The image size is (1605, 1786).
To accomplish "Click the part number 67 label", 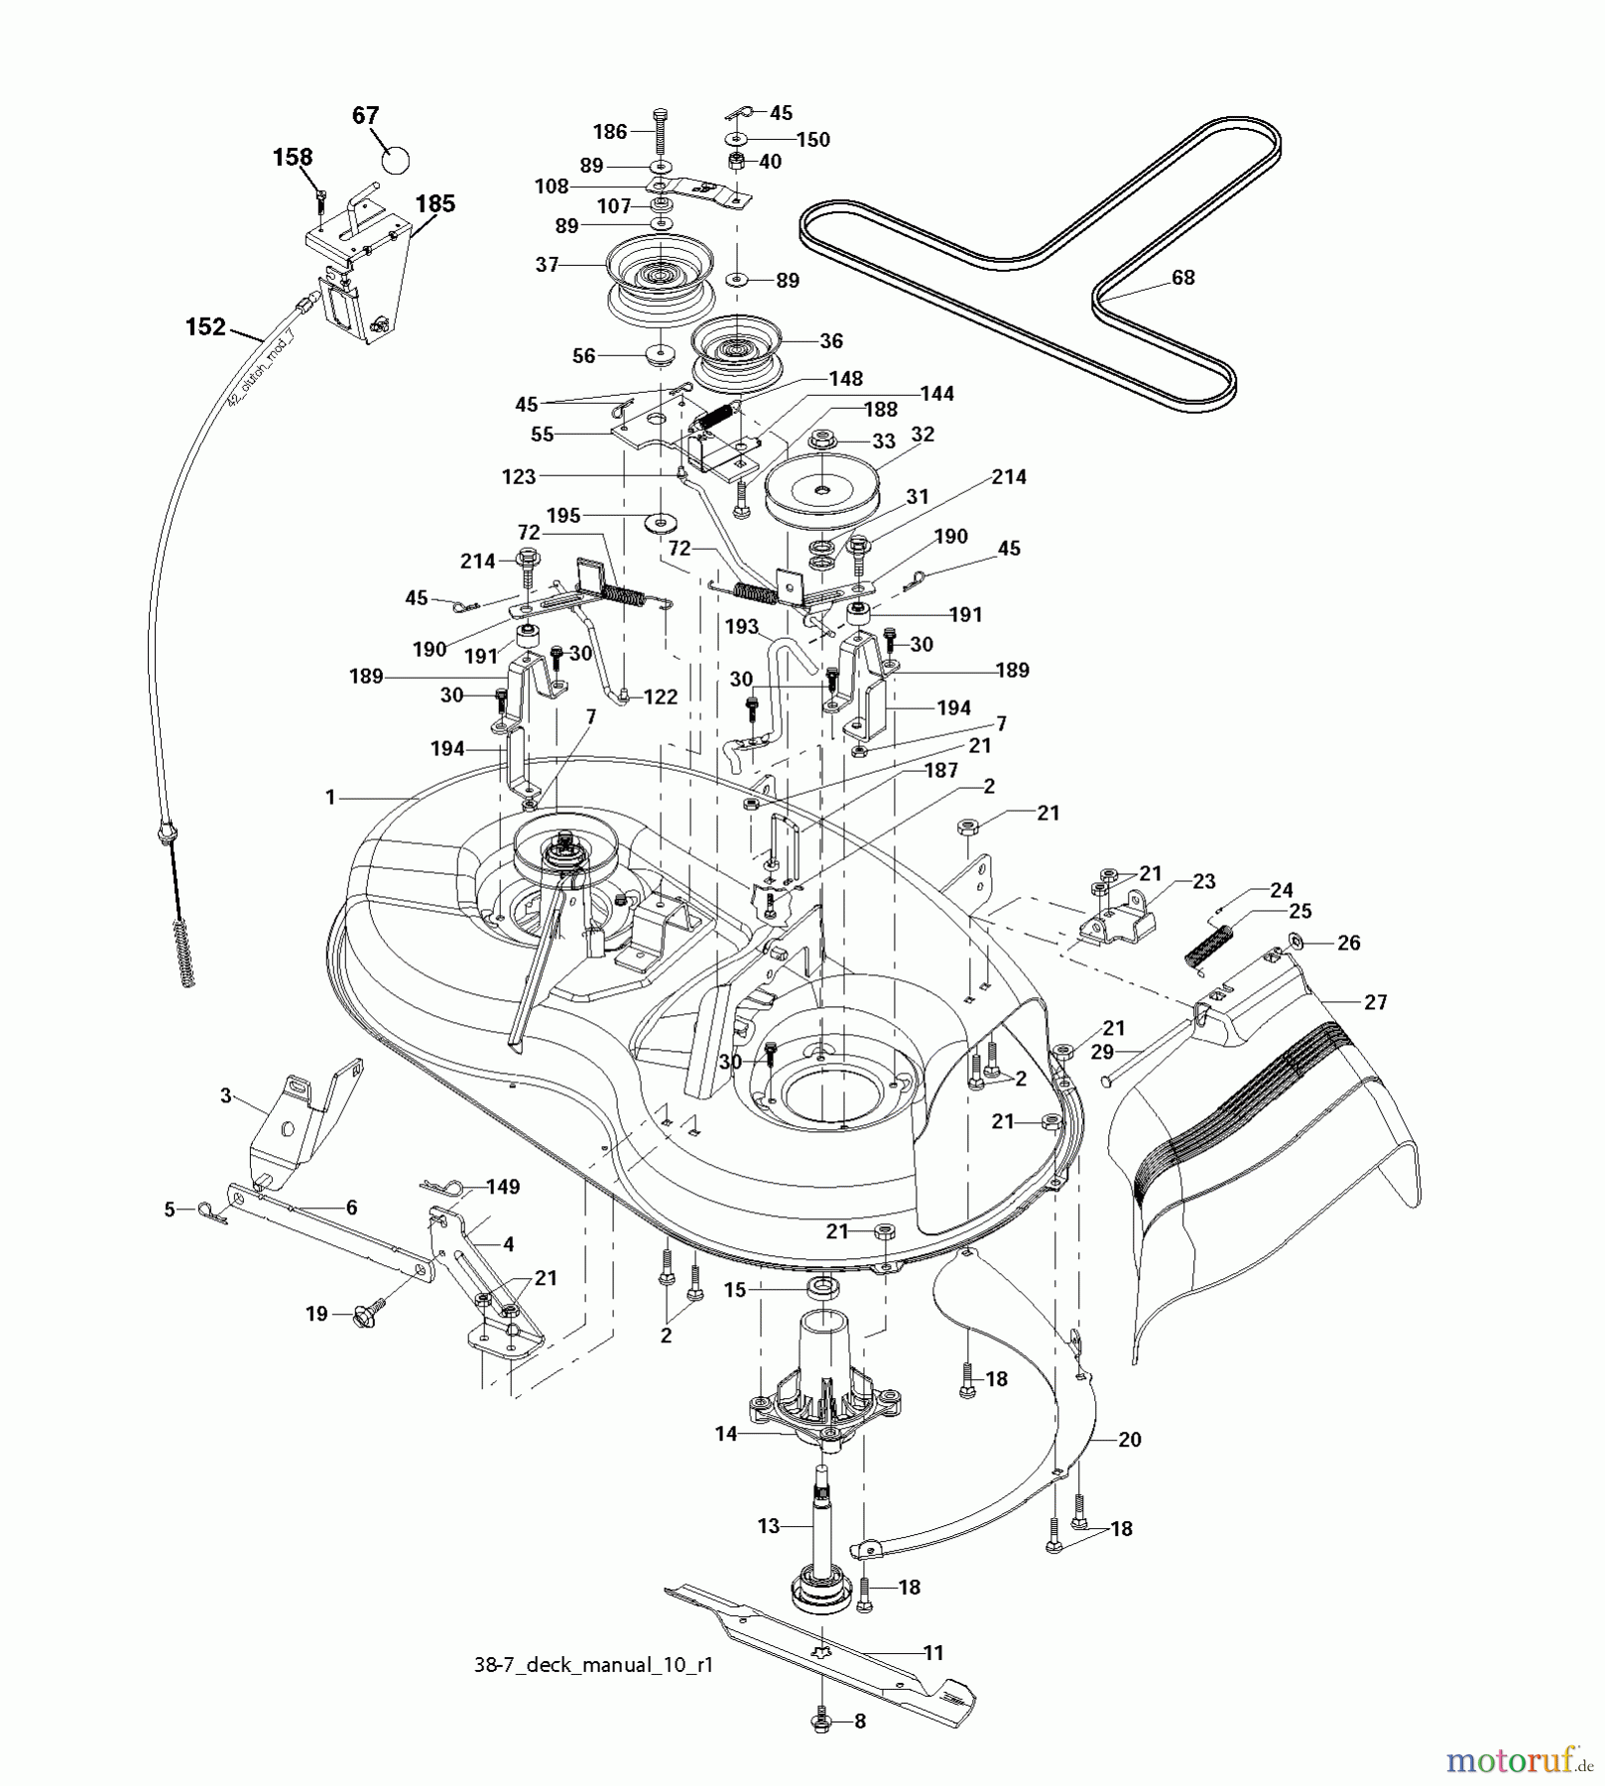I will click(x=365, y=115).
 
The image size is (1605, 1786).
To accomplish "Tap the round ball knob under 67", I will click(x=396, y=159).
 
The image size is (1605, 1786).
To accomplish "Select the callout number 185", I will click(x=434, y=203).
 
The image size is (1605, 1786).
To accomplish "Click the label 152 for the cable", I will click(x=205, y=326).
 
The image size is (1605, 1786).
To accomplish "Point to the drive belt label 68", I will click(x=1182, y=278).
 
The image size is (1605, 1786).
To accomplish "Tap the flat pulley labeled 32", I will click(x=823, y=492).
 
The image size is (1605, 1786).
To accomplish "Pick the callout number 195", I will click(x=563, y=516).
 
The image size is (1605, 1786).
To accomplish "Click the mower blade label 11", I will click(x=932, y=1653).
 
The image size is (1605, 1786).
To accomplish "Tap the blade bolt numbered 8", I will click(x=822, y=1722).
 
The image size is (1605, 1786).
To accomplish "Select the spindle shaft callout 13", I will click(x=769, y=1526).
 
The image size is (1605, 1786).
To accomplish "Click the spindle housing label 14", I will click(x=726, y=1433).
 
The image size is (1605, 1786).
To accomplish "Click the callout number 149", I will click(x=502, y=1187).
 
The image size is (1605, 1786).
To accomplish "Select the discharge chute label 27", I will click(x=1375, y=1002).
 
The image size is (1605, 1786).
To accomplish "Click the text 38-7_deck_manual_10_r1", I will click(x=593, y=1665).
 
